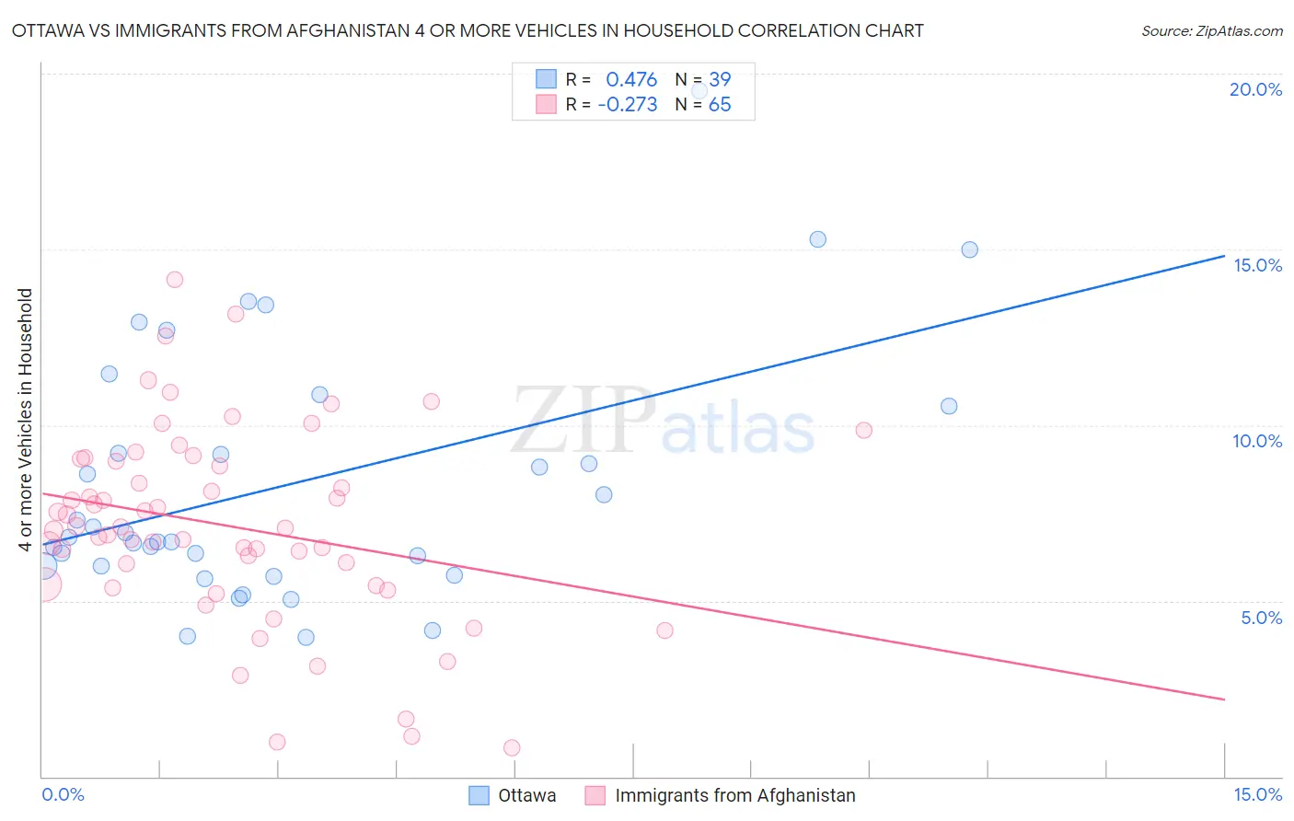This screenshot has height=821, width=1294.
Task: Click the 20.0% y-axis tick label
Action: click(x=1255, y=89)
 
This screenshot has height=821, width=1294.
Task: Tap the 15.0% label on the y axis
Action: click(x=1257, y=265)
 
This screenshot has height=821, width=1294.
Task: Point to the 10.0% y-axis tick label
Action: click(x=1257, y=441)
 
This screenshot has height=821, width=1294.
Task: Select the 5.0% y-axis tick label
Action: click(x=1261, y=618)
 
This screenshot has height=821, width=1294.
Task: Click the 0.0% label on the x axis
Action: click(x=63, y=794)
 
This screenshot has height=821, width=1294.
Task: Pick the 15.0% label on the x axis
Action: click(x=1257, y=794)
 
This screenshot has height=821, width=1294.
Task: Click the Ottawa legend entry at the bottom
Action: click(x=526, y=795)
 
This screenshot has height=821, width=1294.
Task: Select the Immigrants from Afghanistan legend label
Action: click(x=734, y=795)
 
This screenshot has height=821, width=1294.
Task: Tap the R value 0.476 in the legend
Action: click(x=631, y=79)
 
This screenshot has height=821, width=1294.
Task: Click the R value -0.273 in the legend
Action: click(x=628, y=105)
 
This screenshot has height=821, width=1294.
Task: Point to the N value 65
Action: click(x=720, y=105)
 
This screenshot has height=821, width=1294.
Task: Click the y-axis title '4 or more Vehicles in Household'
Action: click(x=25, y=420)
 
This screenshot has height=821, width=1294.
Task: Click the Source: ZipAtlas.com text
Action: click(x=1211, y=30)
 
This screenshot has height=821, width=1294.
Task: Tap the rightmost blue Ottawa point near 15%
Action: click(x=969, y=249)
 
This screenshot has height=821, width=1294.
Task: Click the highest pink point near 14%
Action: click(x=174, y=279)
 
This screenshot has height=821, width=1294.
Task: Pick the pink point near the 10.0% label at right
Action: click(x=863, y=430)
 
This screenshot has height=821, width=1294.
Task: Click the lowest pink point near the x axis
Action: click(x=512, y=747)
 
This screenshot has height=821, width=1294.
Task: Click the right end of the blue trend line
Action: click(x=1224, y=256)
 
